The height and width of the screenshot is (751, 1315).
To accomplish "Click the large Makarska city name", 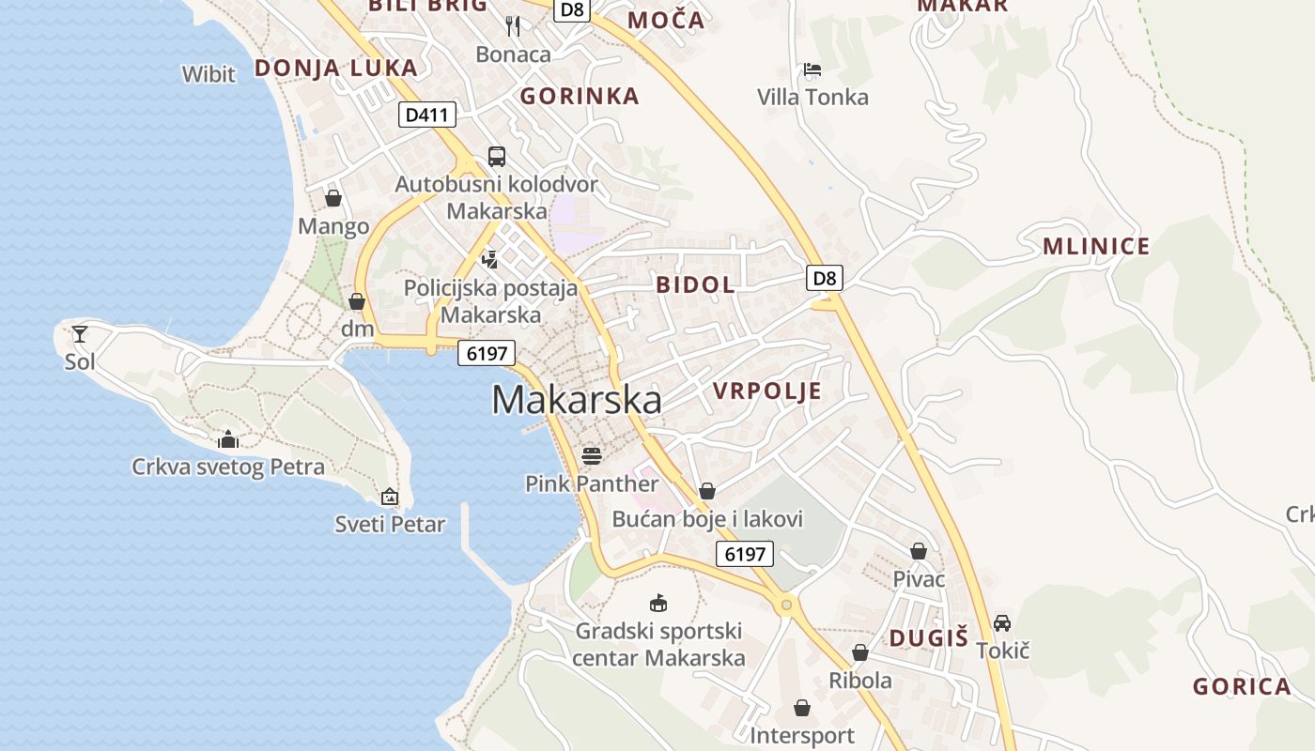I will pyautogui.click(x=576, y=400).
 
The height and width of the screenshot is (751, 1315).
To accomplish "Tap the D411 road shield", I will pyautogui.click(x=427, y=115).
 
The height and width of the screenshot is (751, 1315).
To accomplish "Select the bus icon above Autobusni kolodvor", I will pyautogui.click(x=496, y=157).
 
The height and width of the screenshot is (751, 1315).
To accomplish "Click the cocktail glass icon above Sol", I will pyautogui.click(x=80, y=333).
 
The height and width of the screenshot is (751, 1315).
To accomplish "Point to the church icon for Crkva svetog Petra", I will pyautogui.click(x=227, y=439).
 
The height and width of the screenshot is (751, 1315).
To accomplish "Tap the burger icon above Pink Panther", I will pyautogui.click(x=592, y=456).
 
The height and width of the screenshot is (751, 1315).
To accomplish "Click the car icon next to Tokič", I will pyautogui.click(x=1002, y=622).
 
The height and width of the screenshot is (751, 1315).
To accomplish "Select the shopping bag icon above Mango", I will pyautogui.click(x=333, y=198).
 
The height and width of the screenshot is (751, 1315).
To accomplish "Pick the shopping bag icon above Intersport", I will pyautogui.click(x=802, y=708).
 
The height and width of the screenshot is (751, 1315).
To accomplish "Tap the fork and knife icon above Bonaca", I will pyautogui.click(x=513, y=25).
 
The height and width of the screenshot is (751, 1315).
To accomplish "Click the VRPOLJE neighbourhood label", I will pyautogui.click(x=766, y=391).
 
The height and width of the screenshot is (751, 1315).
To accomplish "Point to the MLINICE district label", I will pyautogui.click(x=1096, y=247).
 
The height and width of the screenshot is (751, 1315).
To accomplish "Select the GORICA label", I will pyautogui.click(x=1242, y=686).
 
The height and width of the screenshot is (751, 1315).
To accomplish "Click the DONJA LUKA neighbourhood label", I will pyautogui.click(x=335, y=68).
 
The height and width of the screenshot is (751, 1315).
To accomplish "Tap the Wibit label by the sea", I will pyautogui.click(x=209, y=74).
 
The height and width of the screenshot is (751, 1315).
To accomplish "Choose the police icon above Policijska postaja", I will pyautogui.click(x=488, y=258).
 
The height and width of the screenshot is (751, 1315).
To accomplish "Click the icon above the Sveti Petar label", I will pyautogui.click(x=390, y=497).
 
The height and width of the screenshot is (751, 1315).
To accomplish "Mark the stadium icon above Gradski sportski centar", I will pyautogui.click(x=658, y=603).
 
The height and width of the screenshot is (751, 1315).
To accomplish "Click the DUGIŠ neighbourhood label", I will pyautogui.click(x=928, y=638).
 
